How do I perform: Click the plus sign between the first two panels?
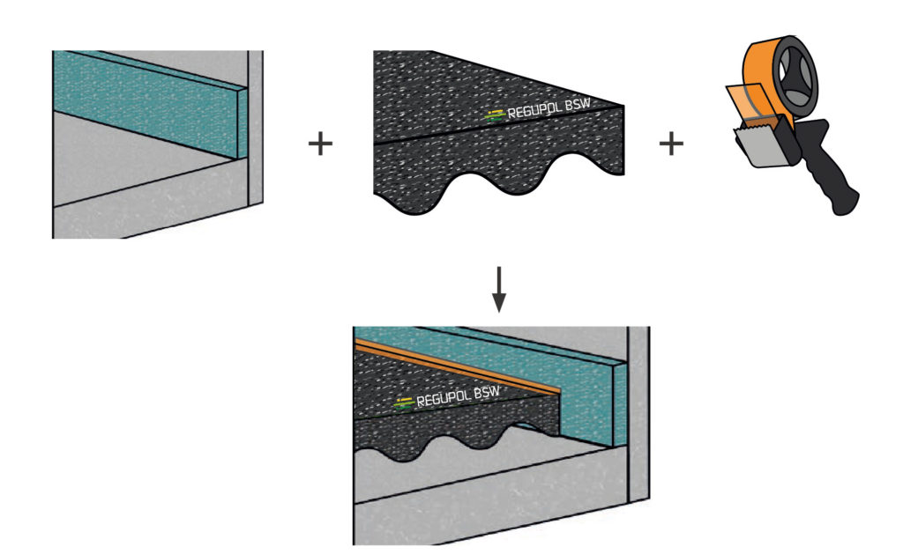[320, 144]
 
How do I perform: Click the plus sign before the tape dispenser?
[672, 144]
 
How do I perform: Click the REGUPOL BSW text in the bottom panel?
[453, 397]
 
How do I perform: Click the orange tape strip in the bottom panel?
[459, 366]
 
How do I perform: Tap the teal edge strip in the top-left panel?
[150, 101]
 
